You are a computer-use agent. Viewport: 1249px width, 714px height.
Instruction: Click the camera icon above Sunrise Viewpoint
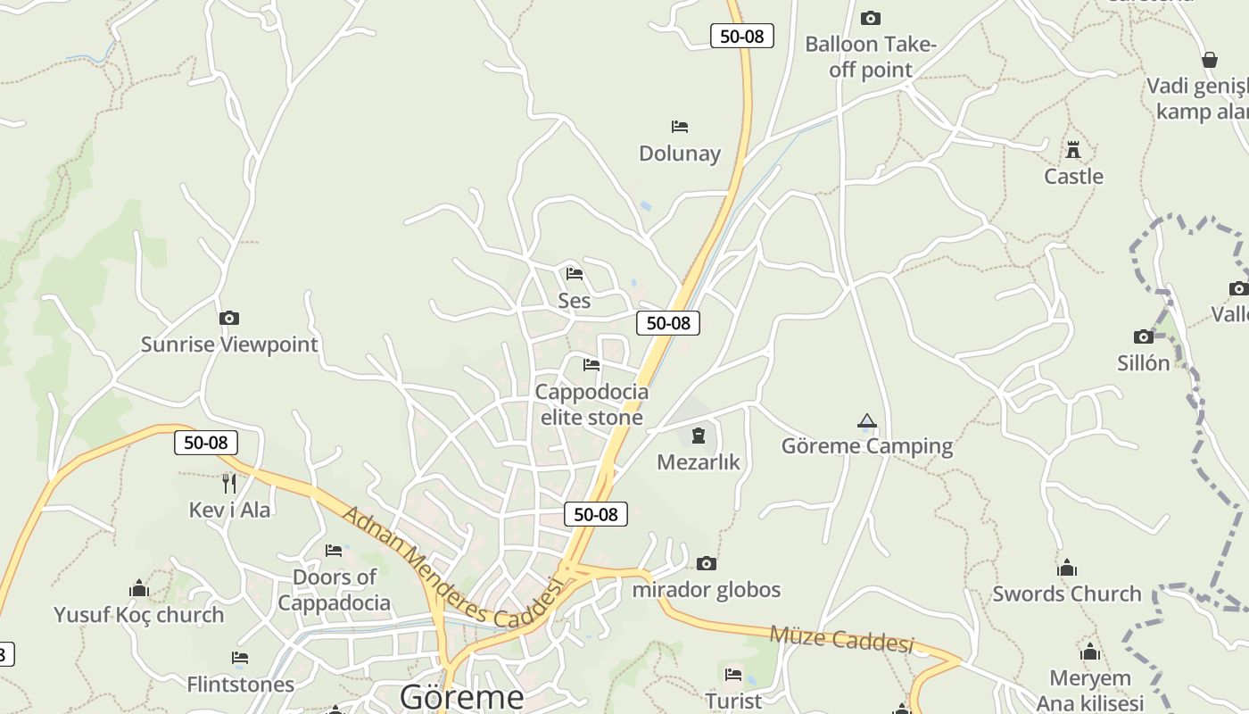point(229,318)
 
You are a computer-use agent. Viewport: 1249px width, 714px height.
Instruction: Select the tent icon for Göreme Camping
point(866,420)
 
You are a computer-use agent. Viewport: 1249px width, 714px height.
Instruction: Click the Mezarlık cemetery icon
point(698,436)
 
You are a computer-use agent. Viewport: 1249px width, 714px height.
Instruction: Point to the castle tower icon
point(1073,149)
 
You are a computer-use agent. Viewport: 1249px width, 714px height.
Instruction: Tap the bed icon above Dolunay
point(680,127)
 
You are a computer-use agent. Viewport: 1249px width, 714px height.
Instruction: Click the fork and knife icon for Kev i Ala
point(229,483)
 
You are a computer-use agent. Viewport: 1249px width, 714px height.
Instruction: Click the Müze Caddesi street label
point(841,639)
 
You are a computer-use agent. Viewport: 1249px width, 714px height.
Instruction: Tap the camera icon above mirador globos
point(707,563)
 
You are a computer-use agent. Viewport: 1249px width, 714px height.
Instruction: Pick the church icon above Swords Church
point(1067,568)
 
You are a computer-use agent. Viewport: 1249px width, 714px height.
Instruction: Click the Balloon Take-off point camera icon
point(870,18)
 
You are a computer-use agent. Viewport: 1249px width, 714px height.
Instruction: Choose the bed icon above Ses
point(575,273)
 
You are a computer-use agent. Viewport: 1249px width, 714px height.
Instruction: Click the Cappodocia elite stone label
point(591,404)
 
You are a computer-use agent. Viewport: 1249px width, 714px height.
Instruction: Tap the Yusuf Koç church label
point(139,615)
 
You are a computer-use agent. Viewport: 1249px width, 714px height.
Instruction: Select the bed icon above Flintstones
point(240,658)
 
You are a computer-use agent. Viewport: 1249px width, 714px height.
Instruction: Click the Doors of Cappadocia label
point(335,590)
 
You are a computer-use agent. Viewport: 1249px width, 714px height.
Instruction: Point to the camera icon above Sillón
point(1144,336)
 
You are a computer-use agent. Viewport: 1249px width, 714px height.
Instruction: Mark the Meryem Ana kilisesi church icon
point(1089,652)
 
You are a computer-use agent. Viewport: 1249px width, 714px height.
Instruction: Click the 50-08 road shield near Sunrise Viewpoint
point(206,442)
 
